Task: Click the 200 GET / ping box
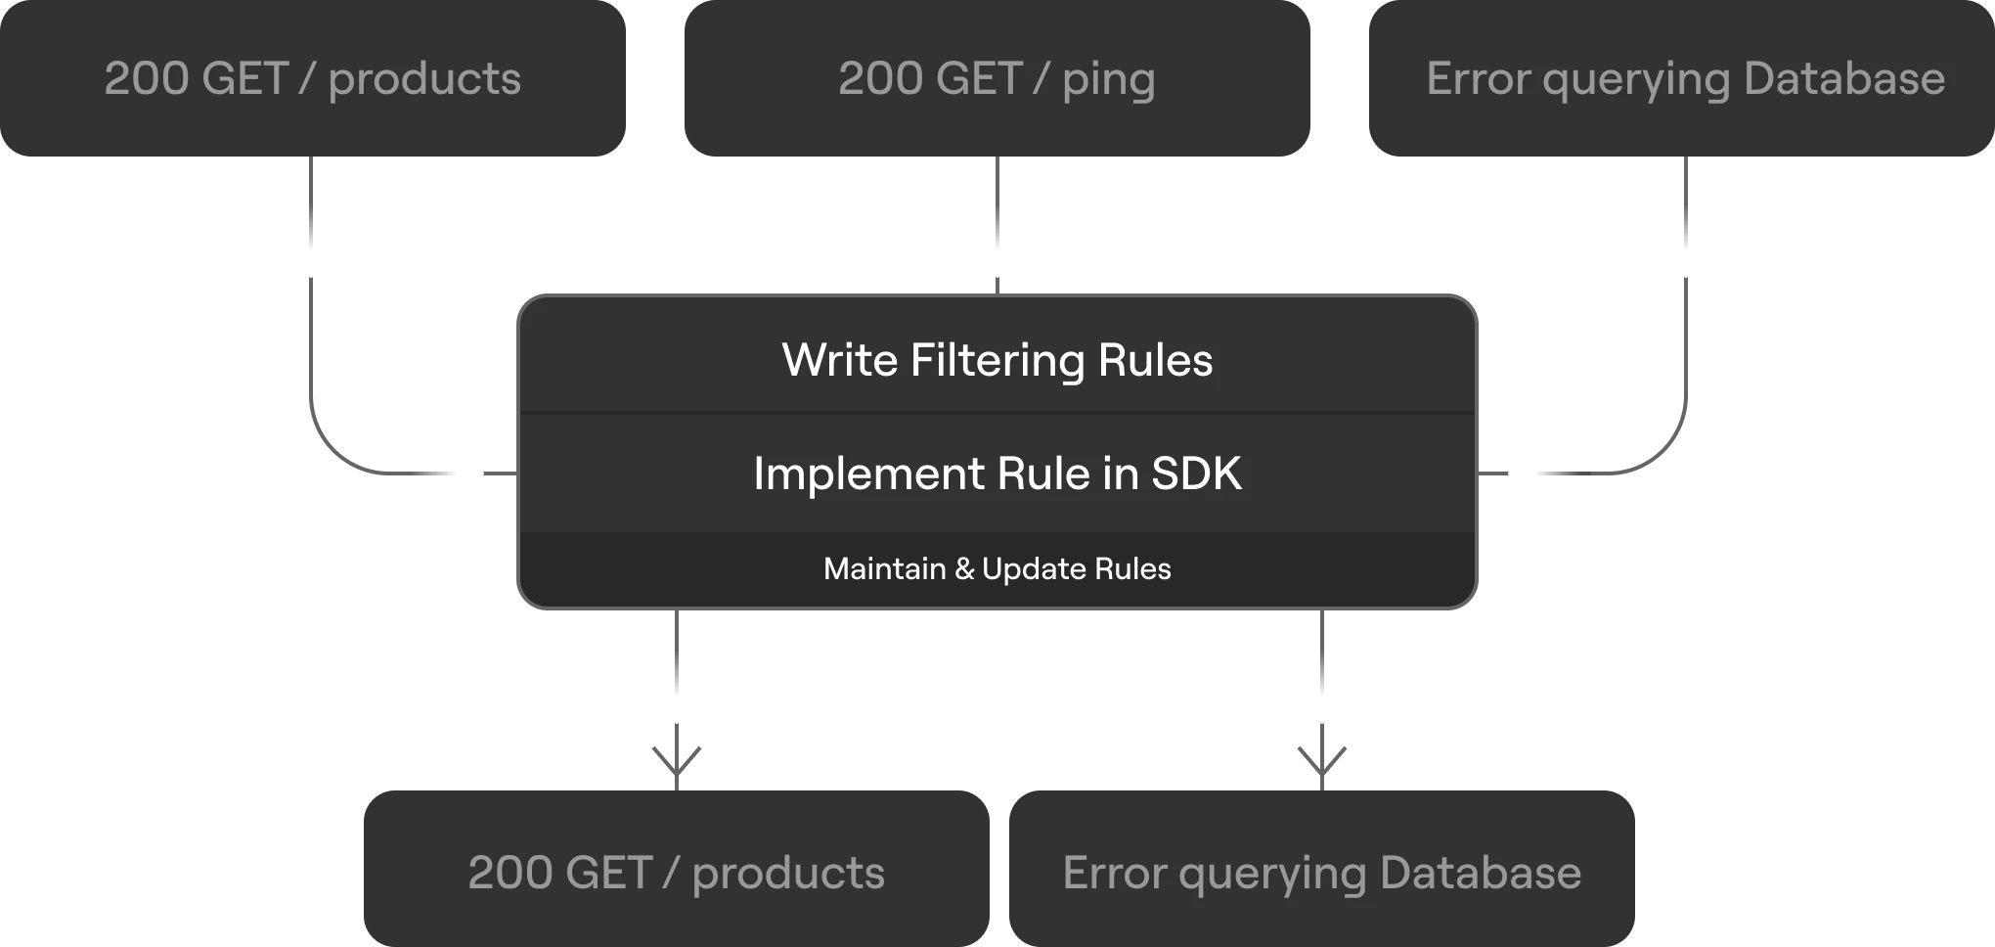(997, 78)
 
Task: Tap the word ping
(1109, 81)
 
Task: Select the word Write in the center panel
(840, 360)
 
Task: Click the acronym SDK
(1196, 473)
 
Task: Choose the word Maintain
(885, 568)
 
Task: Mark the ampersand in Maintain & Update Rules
(964, 568)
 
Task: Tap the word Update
(1034, 570)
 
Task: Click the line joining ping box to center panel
(997, 225)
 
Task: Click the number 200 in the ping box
(880, 78)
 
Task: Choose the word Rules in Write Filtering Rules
(1156, 360)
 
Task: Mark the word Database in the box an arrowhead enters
(1481, 873)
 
